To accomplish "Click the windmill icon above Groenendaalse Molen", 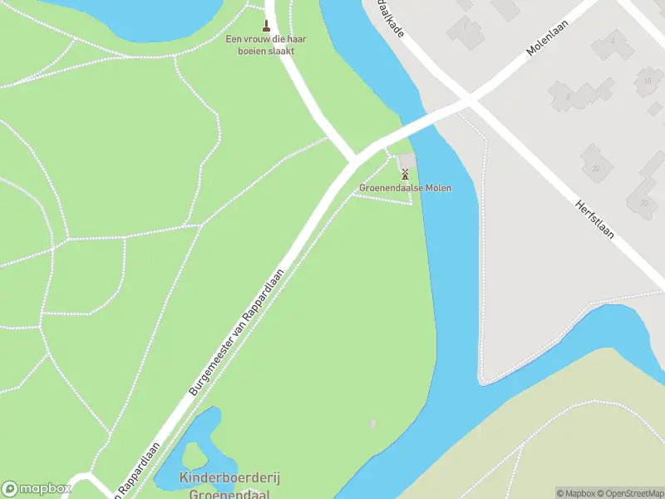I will [x=405, y=174].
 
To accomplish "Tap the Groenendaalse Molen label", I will [x=406, y=188].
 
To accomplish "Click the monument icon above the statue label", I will [x=267, y=25].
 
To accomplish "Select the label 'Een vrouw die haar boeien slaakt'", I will [x=261, y=45].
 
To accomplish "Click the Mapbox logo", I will [x=37, y=489].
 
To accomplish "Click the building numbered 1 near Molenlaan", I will [x=466, y=31].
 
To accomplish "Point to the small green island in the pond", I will [x=195, y=455].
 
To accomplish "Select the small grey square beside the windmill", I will [x=406, y=161].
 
